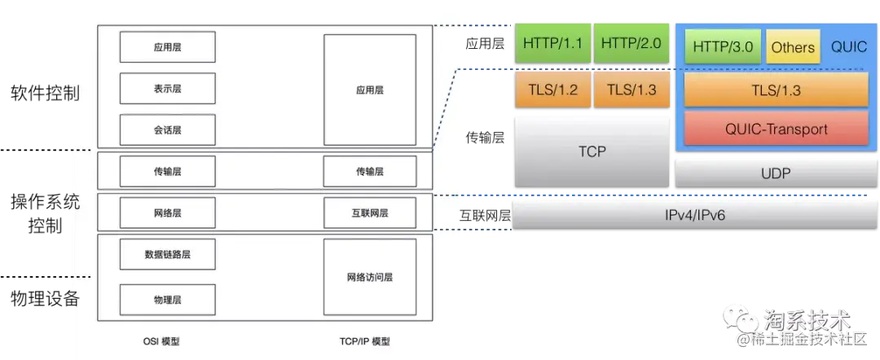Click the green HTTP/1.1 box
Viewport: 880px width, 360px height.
(553, 43)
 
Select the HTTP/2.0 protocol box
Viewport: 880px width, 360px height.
(631, 43)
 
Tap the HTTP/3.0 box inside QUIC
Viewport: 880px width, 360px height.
(723, 47)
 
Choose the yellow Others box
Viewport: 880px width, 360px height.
(793, 47)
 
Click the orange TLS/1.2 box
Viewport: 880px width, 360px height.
(553, 90)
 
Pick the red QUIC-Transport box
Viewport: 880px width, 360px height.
(776, 129)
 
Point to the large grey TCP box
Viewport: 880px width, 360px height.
(592, 151)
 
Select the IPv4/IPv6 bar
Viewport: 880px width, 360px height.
(694, 214)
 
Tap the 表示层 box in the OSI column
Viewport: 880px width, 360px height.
(167, 88)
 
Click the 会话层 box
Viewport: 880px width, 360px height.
(167, 130)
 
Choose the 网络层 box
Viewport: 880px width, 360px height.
(167, 213)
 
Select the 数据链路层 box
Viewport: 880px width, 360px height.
(167, 254)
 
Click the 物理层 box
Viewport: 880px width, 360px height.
(167, 300)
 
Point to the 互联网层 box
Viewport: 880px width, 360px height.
(369, 213)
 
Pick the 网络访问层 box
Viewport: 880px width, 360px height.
(369, 277)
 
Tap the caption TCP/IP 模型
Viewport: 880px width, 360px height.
(364, 341)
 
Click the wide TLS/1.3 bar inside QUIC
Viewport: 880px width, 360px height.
(776, 90)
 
